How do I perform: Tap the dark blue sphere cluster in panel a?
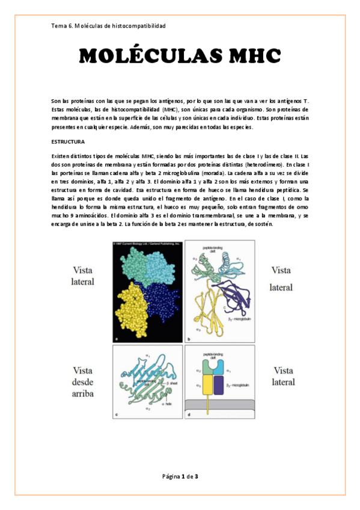pos(162,299)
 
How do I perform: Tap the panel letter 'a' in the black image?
pos(115,339)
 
